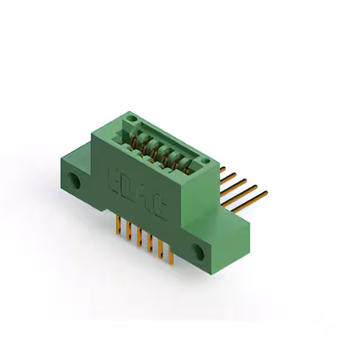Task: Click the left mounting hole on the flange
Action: [x=74, y=181]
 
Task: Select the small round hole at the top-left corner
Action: [x=131, y=119]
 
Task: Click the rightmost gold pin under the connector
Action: [x=170, y=256]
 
